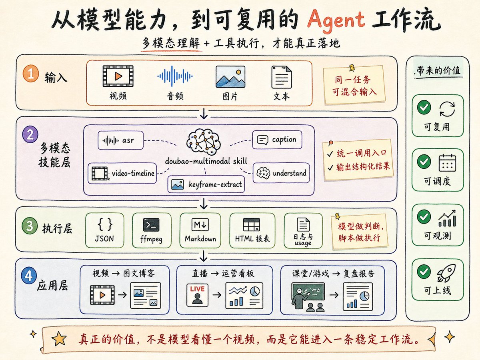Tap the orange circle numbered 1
pos(31,74)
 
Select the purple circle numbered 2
pos(30,134)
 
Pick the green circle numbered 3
pos(30,226)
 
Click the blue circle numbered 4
pos(29,276)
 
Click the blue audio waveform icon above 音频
pos(175,76)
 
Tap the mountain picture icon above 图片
pos(230,77)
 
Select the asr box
pos(120,140)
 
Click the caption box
pos(277,140)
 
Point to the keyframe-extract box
pos(206,184)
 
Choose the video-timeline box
pos(122,173)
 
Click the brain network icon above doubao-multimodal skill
pos(203,142)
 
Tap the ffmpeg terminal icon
pos(151,225)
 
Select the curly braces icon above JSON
pos(105,224)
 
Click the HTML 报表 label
pos(252,238)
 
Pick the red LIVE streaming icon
pos(197,295)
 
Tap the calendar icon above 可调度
pos(447,163)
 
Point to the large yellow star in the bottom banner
pos(59,339)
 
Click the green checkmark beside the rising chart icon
pos(424,216)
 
